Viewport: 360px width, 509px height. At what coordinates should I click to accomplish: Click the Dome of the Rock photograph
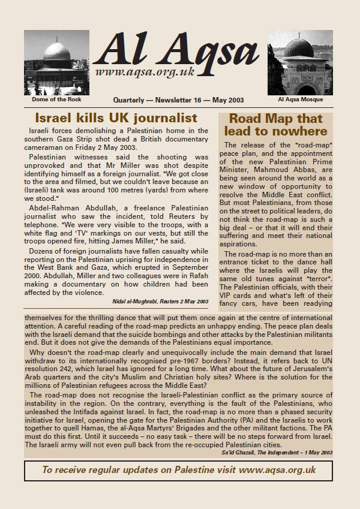(56, 62)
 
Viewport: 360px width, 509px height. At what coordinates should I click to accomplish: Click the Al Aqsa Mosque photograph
(300, 62)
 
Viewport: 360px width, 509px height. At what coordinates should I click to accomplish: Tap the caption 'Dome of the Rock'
(57, 100)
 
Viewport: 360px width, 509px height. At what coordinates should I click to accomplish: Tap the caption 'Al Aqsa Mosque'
(300, 100)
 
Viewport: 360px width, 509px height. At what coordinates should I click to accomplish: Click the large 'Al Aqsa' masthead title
(175, 50)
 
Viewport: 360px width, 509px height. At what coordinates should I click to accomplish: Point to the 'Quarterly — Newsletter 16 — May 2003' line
(178, 100)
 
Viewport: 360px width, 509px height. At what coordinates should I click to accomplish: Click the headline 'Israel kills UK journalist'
(116, 118)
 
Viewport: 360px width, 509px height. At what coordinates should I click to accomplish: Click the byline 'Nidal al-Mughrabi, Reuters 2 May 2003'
(161, 301)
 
